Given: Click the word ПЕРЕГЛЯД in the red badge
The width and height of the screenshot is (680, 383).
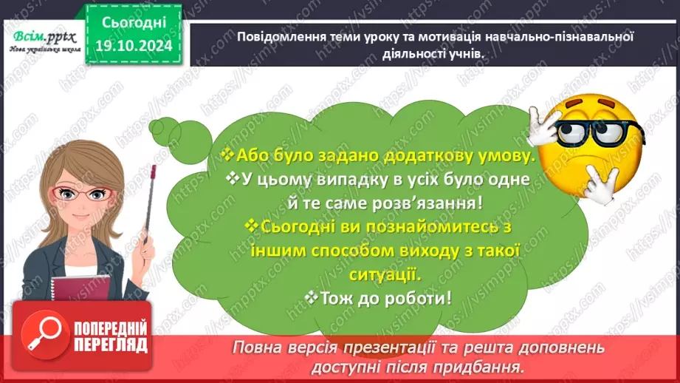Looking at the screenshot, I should (110, 345).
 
